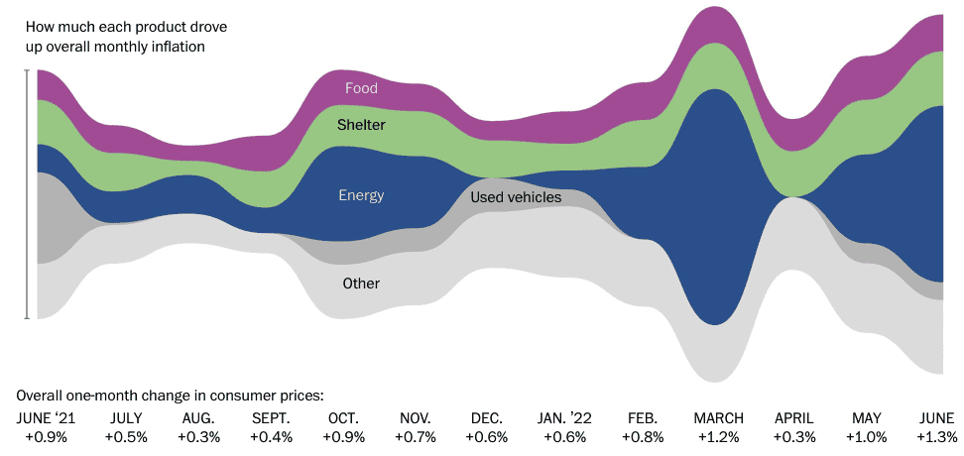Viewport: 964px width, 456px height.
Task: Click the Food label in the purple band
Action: click(x=361, y=88)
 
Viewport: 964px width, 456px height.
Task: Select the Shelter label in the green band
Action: click(x=361, y=125)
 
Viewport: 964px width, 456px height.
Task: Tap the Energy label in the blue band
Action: click(x=361, y=195)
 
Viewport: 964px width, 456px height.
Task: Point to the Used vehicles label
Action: click(x=516, y=197)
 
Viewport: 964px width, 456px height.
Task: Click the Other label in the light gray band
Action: click(x=361, y=284)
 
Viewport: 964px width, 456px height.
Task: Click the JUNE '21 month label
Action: click(x=46, y=418)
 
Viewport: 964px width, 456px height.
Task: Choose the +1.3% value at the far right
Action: click(x=937, y=437)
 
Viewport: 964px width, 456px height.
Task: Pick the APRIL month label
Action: click(x=792, y=418)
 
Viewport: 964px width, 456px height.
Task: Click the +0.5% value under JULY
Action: click(x=125, y=437)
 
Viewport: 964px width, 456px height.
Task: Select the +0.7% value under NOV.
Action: click(x=414, y=437)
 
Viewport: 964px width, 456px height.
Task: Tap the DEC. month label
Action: click(x=487, y=418)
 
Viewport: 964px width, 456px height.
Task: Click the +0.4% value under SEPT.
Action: click(x=271, y=437)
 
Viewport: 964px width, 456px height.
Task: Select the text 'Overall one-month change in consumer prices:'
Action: click(x=170, y=395)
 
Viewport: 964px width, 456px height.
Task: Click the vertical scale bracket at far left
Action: click(x=27, y=194)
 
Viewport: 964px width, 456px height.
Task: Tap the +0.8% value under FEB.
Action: click(x=643, y=437)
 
